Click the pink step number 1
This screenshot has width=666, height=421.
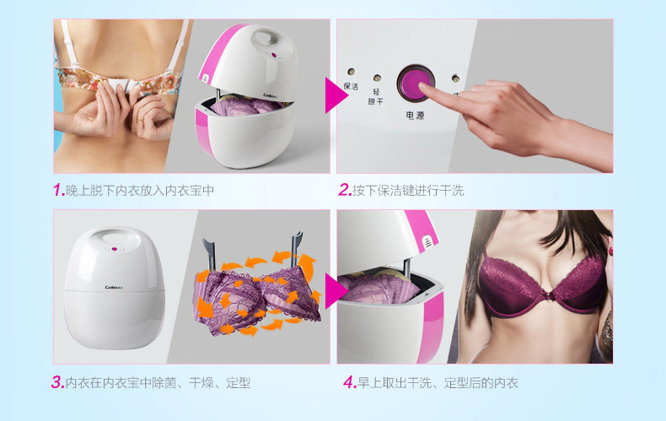(x=58, y=190)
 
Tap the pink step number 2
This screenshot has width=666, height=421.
(x=345, y=190)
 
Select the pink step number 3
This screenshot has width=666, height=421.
(x=57, y=382)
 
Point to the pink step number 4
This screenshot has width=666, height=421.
(x=350, y=382)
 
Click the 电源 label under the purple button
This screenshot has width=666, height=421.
(x=415, y=116)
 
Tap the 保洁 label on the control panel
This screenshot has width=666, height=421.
(x=351, y=86)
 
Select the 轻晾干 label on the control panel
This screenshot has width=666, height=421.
(x=376, y=96)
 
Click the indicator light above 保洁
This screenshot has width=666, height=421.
(x=351, y=72)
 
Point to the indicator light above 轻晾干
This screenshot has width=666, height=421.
(x=377, y=78)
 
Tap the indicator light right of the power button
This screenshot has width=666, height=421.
(x=456, y=78)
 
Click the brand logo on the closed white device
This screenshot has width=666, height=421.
(x=114, y=288)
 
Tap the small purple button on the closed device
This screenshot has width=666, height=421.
(x=114, y=249)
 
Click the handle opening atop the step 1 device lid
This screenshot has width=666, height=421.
(x=266, y=37)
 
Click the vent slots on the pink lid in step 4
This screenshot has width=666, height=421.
(x=428, y=245)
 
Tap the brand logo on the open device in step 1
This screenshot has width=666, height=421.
(x=270, y=95)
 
